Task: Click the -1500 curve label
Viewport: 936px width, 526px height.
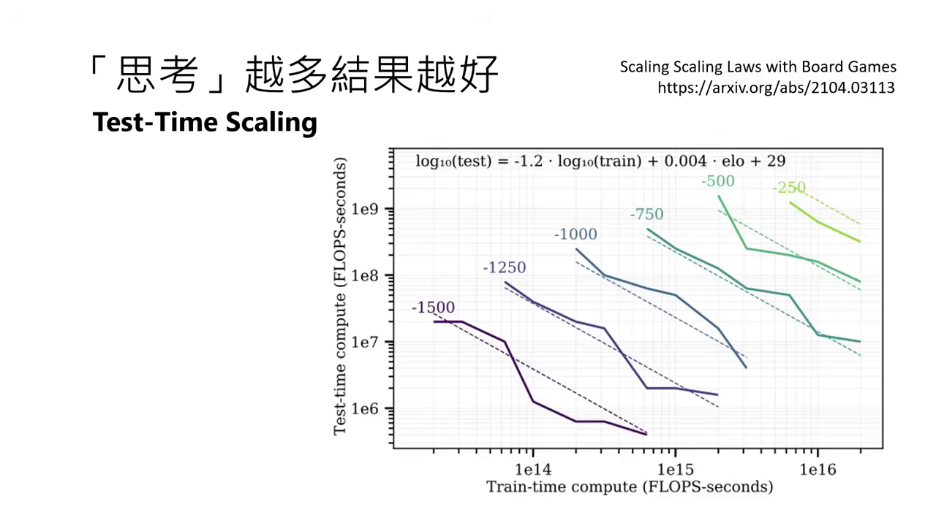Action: (433, 308)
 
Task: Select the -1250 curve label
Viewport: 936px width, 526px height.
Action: (504, 267)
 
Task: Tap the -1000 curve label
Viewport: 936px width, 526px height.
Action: (575, 235)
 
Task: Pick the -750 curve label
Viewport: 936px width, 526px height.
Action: (646, 214)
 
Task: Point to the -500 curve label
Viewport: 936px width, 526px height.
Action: (717, 181)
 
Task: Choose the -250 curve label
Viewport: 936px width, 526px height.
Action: (789, 188)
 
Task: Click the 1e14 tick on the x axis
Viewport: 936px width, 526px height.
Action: (533, 468)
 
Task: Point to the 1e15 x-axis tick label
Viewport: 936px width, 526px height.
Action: (675, 468)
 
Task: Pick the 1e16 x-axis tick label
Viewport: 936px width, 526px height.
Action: (817, 468)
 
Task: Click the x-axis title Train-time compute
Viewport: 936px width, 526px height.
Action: (630, 487)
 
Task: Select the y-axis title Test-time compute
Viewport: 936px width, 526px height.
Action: (340, 297)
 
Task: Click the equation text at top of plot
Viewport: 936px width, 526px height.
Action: (600, 161)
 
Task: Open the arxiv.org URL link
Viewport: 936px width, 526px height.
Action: (776, 88)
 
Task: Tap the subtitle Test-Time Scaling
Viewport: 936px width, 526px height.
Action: (205, 122)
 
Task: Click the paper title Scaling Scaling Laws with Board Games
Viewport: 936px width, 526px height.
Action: (758, 67)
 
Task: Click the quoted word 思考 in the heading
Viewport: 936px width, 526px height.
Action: (158, 74)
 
